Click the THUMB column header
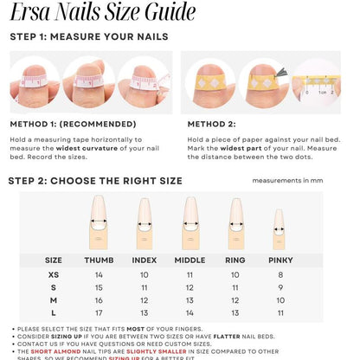click(x=99, y=260)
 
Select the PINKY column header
click(x=280, y=260)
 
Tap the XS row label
click(x=54, y=274)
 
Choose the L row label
click(x=54, y=312)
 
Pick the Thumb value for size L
click(x=99, y=312)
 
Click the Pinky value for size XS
click(x=280, y=274)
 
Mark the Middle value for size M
click(x=190, y=300)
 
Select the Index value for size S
click(x=145, y=287)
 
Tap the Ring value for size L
click(x=235, y=312)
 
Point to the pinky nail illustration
click(x=279, y=228)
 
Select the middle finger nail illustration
click(x=190, y=222)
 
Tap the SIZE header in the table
click(x=54, y=260)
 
